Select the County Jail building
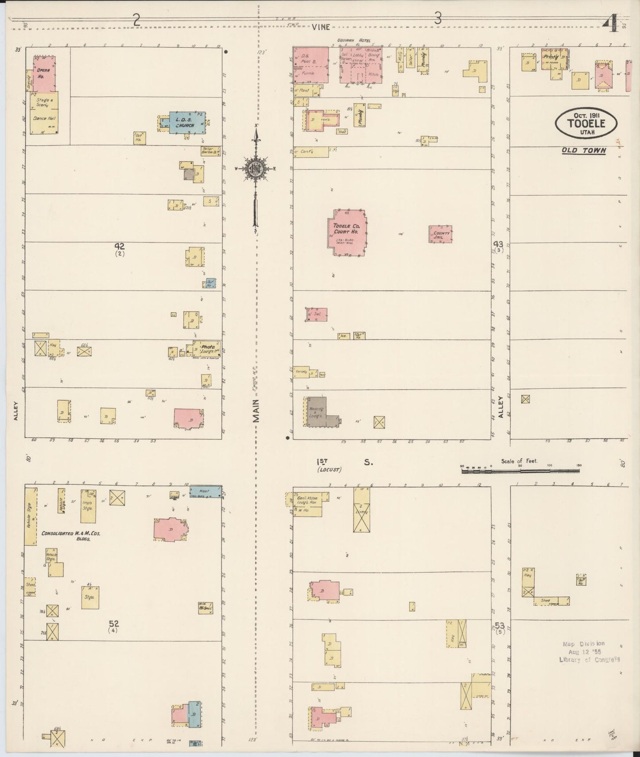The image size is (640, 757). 441,234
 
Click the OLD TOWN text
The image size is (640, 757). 583,151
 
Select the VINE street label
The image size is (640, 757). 321,27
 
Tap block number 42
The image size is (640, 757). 119,246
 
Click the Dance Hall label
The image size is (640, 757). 43,119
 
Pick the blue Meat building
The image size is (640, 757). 205,491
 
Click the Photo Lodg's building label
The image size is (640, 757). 207,349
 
